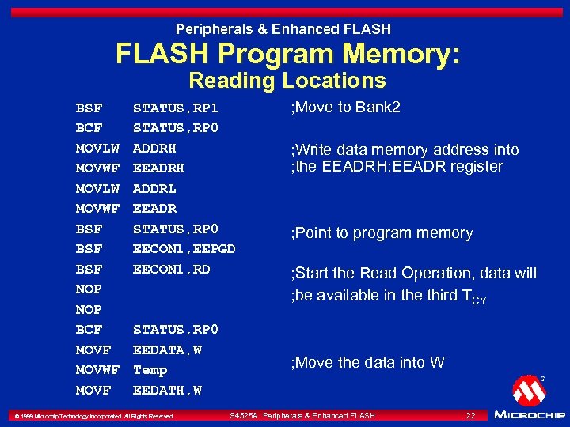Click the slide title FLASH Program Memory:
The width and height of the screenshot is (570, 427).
coord(287,55)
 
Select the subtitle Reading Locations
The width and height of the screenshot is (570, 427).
coord(287,81)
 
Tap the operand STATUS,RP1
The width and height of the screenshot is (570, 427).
coord(175,108)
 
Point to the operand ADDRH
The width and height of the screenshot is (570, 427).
coord(154,148)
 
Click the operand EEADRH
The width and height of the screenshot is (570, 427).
coord(158,168)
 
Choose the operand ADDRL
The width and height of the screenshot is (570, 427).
coord(154,188)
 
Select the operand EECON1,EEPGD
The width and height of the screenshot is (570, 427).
coord(184,249)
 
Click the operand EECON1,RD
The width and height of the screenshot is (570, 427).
coord(171,269)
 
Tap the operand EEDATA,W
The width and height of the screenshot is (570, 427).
coord(167,350)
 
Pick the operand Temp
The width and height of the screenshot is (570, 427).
coord(150,370)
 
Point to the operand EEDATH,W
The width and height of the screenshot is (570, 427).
coord(167,390)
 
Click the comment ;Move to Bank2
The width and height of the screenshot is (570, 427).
coord(346,108)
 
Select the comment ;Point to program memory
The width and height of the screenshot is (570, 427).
coord(382,233)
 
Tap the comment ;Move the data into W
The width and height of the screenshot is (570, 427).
coord(368,363)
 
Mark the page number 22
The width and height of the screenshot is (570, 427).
coord(470,415)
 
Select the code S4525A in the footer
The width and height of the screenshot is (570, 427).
coord(243,415)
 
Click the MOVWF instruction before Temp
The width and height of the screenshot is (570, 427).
coord(97,370)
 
